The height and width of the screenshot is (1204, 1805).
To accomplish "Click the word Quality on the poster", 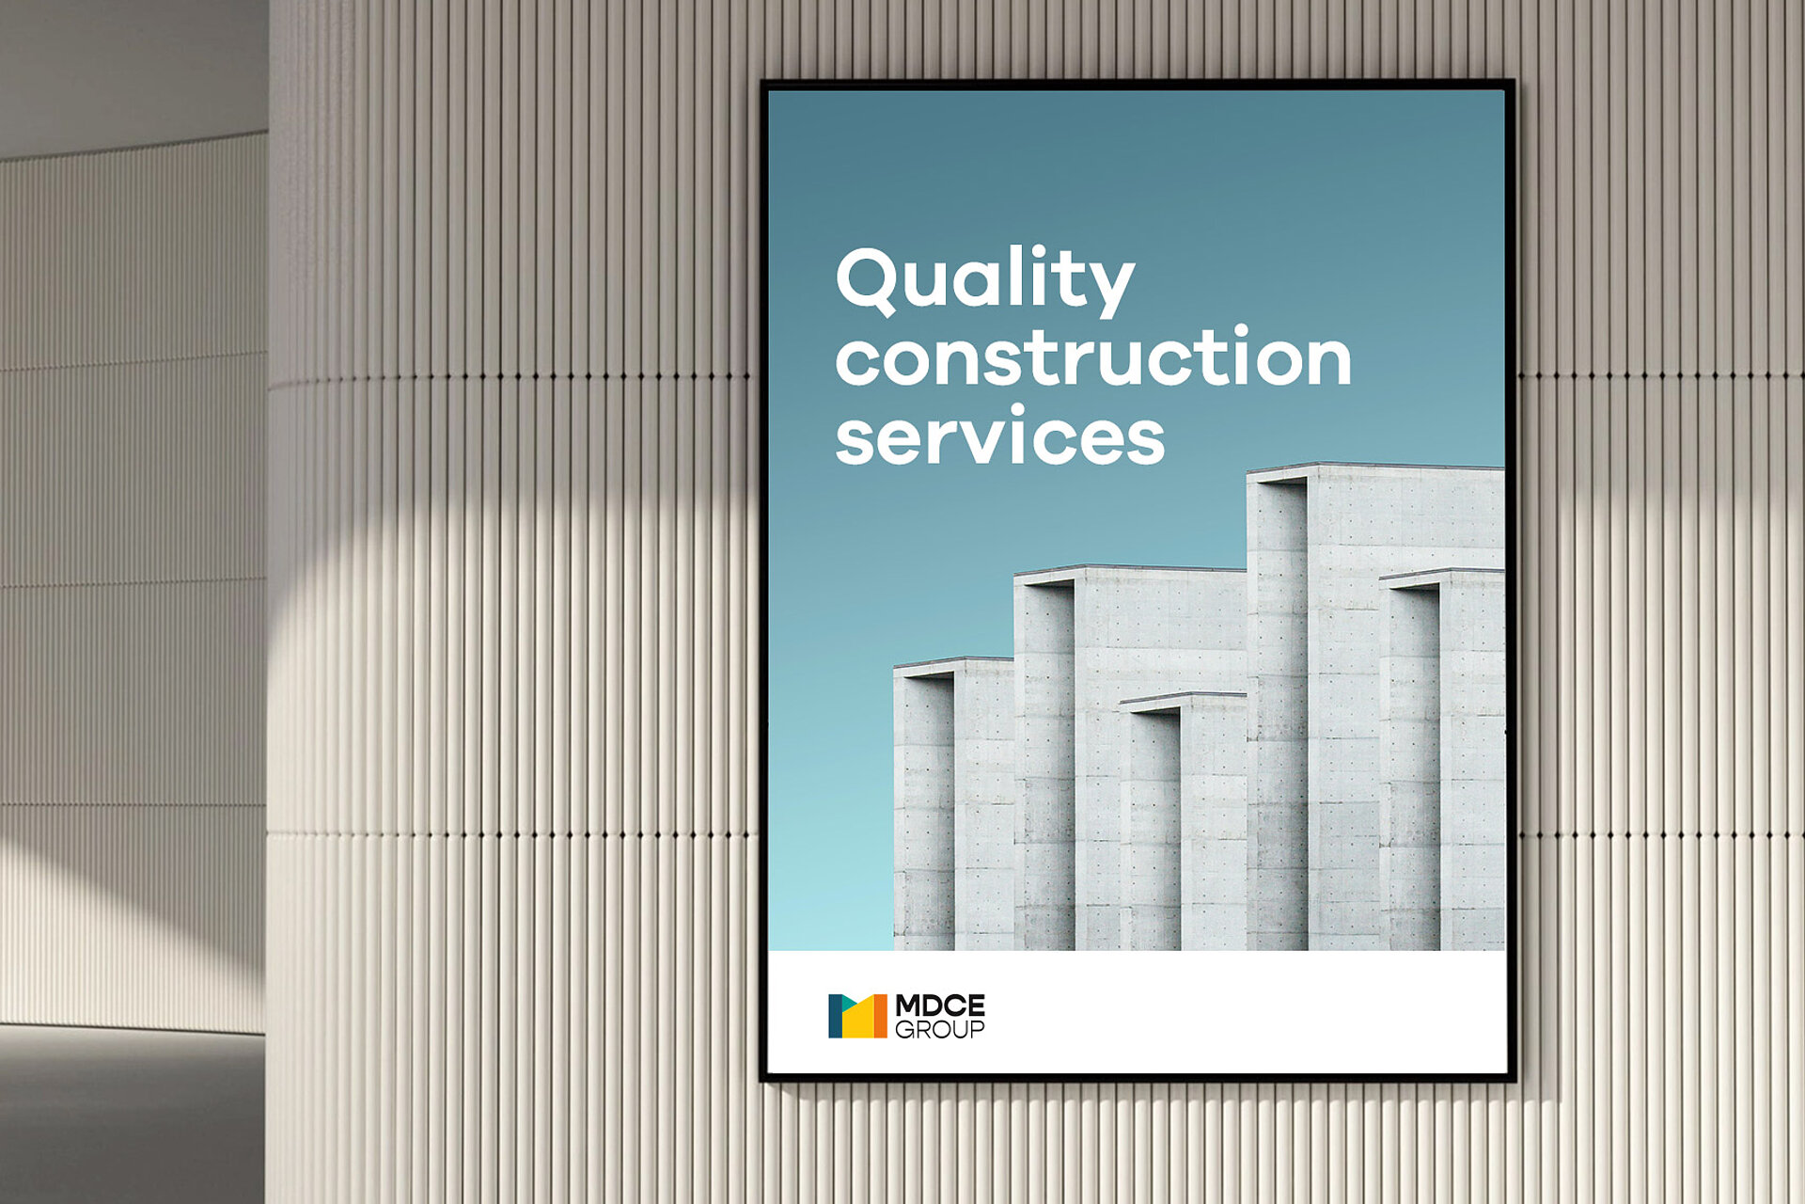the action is tap(985, 280).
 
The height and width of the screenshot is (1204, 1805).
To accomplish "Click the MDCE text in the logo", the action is tap(940, 1006).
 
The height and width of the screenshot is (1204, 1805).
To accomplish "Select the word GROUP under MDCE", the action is tap(940, 1029).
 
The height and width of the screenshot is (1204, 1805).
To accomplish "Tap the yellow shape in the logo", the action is tap(857, 1022).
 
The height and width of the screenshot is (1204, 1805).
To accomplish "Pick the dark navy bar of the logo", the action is tap(834, 1016).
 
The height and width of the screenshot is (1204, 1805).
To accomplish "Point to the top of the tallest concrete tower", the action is tap(1374, 467).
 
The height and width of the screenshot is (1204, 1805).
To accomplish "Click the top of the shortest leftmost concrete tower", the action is tap(952, 662).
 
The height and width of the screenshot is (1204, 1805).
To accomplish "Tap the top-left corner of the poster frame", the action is tap(761, 81).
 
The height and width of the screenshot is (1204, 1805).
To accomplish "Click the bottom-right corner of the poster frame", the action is tap(1513, 1078).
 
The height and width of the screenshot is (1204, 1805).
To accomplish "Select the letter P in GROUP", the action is tap(978, 1029).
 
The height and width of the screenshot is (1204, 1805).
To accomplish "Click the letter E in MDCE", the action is tap(976, 1006).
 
